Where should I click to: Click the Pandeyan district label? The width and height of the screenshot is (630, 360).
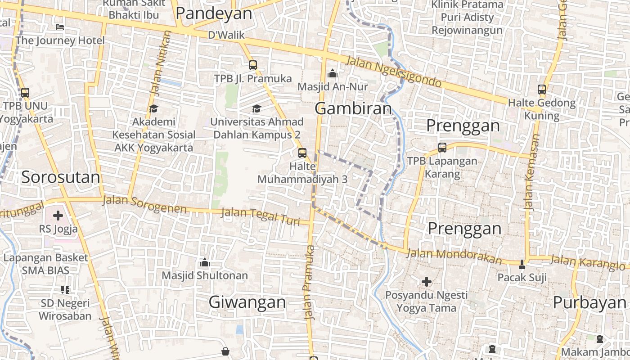coord(214,13)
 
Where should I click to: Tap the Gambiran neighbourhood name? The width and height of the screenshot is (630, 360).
coord(353,108)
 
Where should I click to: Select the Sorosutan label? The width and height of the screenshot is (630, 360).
coord(61,177)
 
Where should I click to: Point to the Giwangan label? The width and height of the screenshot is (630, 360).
coord(247,302)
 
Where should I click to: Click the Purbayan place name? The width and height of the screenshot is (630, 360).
coord(589,302)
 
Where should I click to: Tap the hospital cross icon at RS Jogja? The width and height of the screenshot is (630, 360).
coord(58,216)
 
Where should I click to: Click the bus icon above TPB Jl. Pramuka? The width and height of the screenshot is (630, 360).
coord(253,65)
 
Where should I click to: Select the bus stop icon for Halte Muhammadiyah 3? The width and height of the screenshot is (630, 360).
coord(302,153)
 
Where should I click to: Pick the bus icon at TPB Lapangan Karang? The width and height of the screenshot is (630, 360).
coord(442,147)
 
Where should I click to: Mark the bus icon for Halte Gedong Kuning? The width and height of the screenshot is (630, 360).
coord(542,90)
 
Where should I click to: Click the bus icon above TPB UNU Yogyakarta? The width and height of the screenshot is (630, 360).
coord(25,93)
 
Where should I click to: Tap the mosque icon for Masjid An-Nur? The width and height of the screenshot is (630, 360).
coord(333,73)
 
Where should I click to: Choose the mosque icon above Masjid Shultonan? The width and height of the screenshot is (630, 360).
coord(205,262)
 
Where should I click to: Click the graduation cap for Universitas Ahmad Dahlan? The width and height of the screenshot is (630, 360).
coord(256,108)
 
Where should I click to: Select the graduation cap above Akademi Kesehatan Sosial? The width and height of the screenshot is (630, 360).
coord(153,108)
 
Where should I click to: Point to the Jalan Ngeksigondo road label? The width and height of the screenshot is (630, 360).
coord(394,72)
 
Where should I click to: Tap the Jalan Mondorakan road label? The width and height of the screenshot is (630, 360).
coord(454,256)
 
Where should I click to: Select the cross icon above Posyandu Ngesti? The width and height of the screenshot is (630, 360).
coord(427,282)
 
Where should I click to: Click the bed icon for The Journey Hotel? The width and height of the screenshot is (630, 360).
coord(60,27)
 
